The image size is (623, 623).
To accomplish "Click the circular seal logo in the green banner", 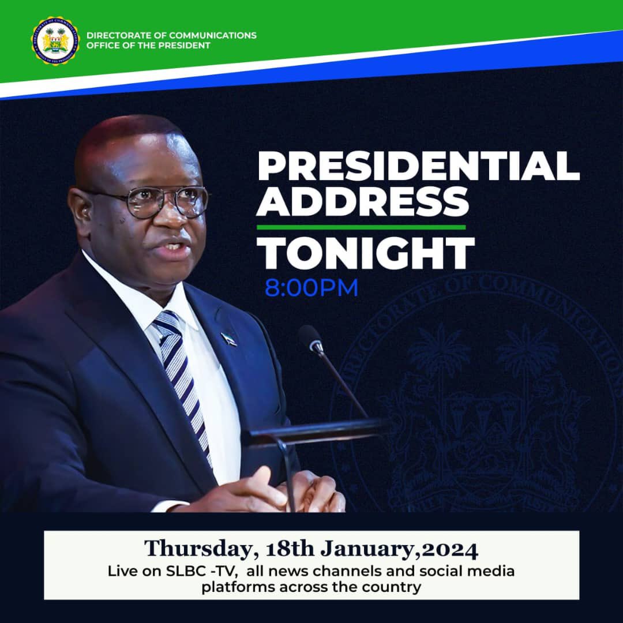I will (55, 40).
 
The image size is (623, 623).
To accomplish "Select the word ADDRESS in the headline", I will (363, 202).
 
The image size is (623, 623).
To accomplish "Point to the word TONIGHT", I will (366, 253).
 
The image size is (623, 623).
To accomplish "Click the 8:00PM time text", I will (311, 288).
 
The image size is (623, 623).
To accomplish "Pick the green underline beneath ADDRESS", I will (361, 227).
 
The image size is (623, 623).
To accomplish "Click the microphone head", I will (310, 337).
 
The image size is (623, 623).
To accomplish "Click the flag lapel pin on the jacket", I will (228, 339).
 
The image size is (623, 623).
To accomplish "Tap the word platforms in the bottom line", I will (231, 587).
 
